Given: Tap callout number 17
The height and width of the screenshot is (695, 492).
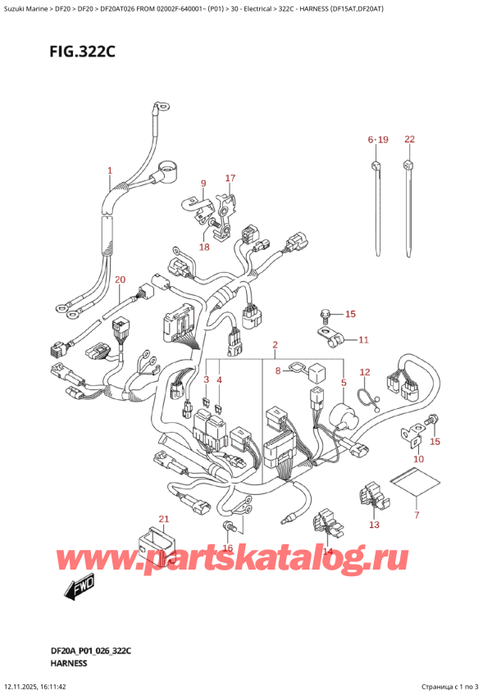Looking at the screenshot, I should click(230, 178).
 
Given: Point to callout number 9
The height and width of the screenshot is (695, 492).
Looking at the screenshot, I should click(203, 184).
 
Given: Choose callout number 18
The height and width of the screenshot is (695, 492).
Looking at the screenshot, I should click(204, 247).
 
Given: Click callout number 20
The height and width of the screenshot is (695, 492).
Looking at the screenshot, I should click(121, 279).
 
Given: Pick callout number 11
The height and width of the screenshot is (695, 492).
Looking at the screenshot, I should click(363, 339).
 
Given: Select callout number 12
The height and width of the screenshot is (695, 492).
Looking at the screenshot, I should click(365, 372).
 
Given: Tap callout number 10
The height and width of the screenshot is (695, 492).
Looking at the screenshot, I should click(418, 459).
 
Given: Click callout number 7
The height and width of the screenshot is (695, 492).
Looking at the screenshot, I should click(416, 515).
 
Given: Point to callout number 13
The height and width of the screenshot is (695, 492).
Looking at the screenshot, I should click(375, 525).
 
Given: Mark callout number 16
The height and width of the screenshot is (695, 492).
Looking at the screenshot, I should click(228, 548).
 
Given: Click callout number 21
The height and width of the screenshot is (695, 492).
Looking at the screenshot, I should click(163, 519).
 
